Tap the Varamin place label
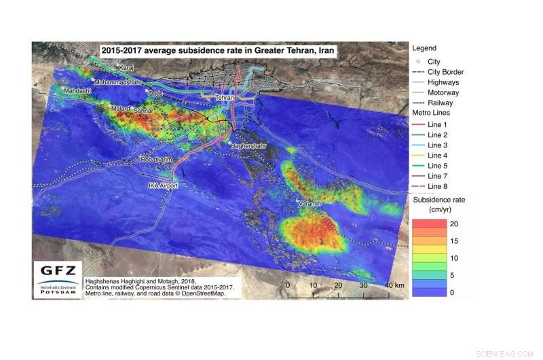pyautogui.click(x=310, y=203)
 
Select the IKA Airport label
pyautogui.click(x=163, y=185)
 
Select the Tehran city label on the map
pyautogui.click(x=224, y=98)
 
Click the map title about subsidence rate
pyautogui.click(x=219, y=50)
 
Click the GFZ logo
pyautogui.click(x=57, y=278)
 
